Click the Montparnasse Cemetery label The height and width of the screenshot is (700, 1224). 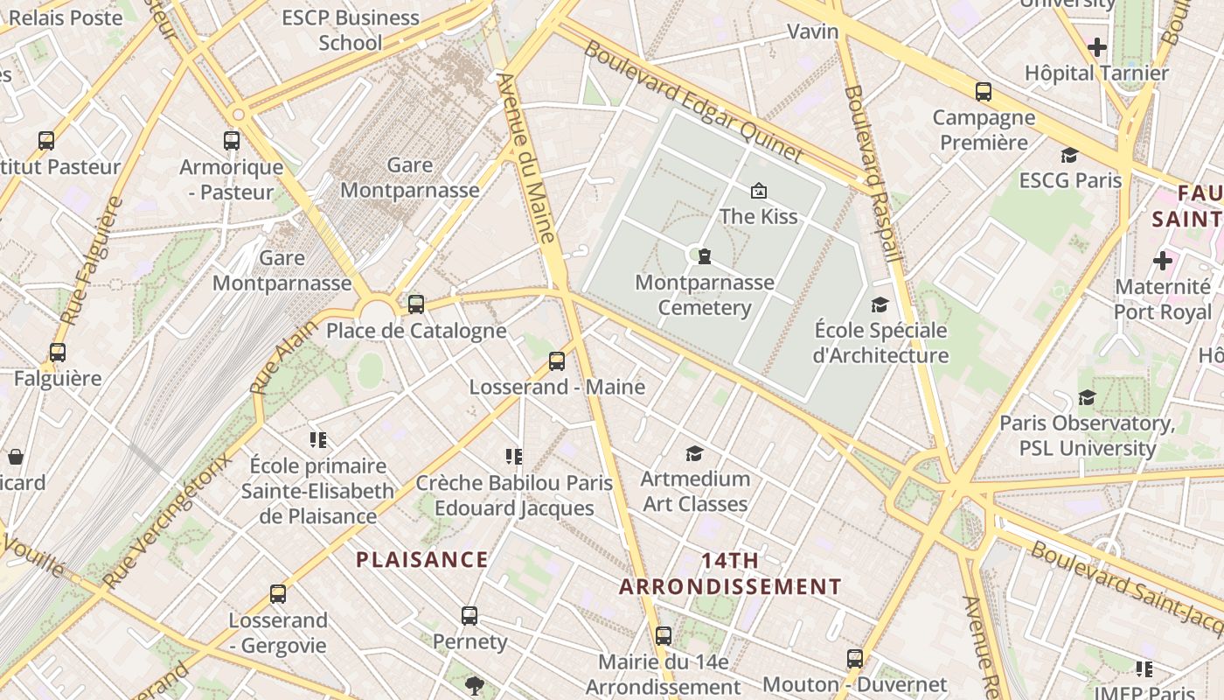tap(705, 295)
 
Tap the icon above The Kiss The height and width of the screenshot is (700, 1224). tap(758, 191)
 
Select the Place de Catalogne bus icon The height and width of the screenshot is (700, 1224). tap(416, 304)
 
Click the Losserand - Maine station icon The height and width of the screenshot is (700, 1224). tap(557, 361)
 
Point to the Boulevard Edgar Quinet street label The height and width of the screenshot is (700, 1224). tap(692, 101)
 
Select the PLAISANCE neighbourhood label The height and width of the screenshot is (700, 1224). tap(421, 560)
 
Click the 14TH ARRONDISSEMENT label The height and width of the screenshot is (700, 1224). tap(730, 573)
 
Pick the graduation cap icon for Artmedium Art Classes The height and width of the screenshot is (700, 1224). tap(694, 453)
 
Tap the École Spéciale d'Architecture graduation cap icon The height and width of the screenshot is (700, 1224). tap(880, 304)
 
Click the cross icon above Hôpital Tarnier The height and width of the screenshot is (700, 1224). tap(1097, 47)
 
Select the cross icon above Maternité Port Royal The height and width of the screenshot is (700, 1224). tap(1162, 261)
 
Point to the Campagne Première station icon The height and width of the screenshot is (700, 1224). tap(984, 91)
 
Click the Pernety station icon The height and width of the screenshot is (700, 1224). tap(469, 616)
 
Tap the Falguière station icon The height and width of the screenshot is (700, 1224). tap(58, 353)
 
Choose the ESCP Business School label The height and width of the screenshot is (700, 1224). tap(350, 30)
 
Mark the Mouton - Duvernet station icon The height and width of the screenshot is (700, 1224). tap(855, 659)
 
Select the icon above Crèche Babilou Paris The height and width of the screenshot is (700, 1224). tap(513, 456)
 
